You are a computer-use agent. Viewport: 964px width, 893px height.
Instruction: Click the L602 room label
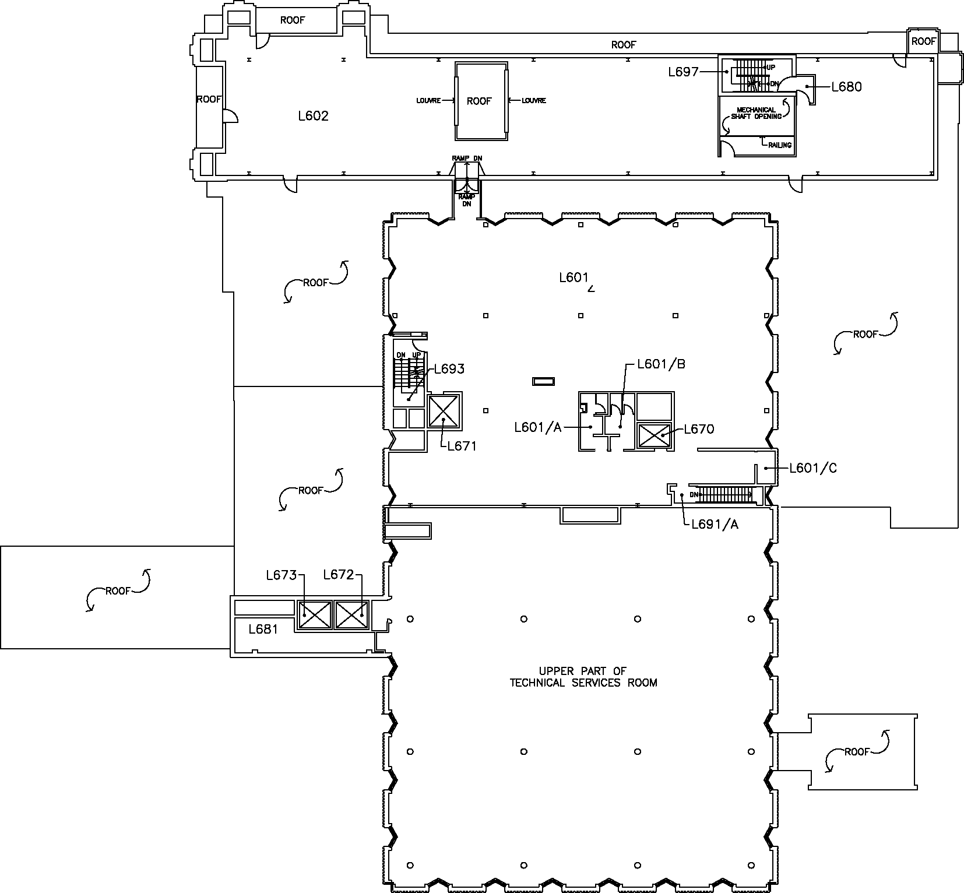pyautogui.click(x=313, y=116)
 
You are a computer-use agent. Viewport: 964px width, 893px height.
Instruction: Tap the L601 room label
pyautogui.click(x=574, y=277)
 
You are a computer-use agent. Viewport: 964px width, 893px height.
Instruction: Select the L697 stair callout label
pyautogui.click(x=683, y=72)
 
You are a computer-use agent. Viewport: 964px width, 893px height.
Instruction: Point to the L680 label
pyautogui.click(x=846, y=87)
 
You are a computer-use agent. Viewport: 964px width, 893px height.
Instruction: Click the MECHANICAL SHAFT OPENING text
pyautogui.click(x=757, y=113)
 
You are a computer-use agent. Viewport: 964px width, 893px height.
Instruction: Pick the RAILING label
pyautogui.click(x=780, y=145)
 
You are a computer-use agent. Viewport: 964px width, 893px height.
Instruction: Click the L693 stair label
pyautogui.click(x=449, y=369)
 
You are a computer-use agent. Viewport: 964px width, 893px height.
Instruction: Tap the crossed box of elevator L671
pyautogui.click(x=444, y=412)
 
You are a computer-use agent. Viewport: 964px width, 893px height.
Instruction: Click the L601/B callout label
pyautogui.click(x=662, y=364)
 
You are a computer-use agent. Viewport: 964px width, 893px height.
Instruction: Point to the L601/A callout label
pyautogui.click(x=537, y=428)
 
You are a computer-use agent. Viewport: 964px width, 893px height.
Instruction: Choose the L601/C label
pyautogui.click(x=813, y=468)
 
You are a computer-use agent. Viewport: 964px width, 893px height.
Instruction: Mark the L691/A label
pyautogui.click(x=715, y=524)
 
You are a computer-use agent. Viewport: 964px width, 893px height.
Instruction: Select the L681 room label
pyautogui.click(x=263, y=629)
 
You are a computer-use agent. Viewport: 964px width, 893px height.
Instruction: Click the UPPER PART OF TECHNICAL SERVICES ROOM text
pyautogui.click(x=583, y=677)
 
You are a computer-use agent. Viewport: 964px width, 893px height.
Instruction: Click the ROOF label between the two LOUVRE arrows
pyautogui.click(x=479, y=101)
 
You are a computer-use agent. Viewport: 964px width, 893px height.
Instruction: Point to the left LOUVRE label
pyautogui.click(x=428, y=100)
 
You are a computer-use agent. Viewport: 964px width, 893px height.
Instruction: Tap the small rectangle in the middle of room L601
pyautogui.click(x=543, y=382)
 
